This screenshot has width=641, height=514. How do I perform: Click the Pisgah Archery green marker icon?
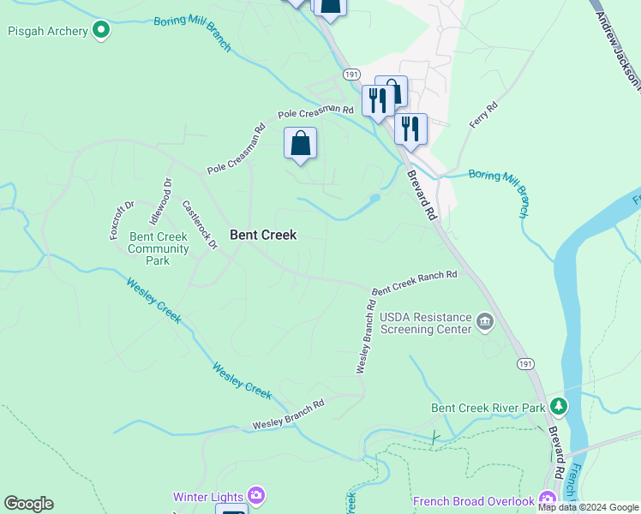tap(101, 31)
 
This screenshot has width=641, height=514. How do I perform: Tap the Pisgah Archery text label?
tap(48, 32)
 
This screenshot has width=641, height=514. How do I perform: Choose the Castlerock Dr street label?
tap(200, 225)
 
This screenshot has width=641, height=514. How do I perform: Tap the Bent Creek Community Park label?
tap(159, 248)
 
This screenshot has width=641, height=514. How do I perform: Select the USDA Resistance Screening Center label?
tap(426, 323)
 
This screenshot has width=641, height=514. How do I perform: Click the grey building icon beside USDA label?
tap(485, 322)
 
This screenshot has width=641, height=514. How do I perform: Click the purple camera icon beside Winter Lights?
tap(255, 495)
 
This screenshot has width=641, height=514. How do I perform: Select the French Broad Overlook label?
tap(473, 501)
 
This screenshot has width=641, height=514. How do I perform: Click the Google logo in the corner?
tap(28, 504)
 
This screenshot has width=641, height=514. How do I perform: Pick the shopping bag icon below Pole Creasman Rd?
tap(301, 143)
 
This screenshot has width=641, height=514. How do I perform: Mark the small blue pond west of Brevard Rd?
tap(374, 199)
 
